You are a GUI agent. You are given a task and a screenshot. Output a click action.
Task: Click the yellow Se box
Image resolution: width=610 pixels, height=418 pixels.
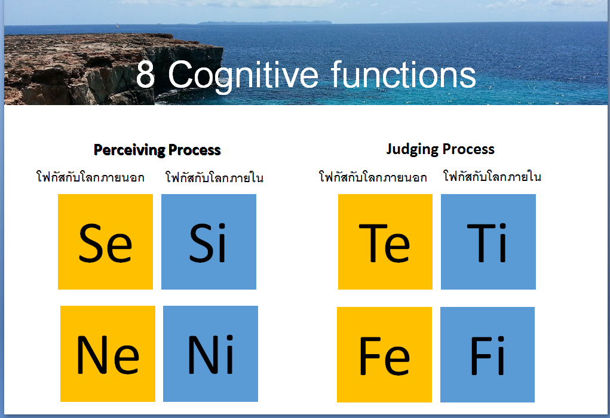(x=105, y=242)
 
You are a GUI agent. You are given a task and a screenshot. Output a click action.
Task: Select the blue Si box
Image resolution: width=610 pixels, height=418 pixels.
(x=209, y=242)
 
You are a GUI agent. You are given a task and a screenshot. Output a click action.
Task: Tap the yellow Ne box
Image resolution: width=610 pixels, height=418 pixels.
(x=108, y=354)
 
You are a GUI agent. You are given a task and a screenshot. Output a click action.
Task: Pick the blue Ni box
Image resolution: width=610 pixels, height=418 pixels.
(x=210, y=354)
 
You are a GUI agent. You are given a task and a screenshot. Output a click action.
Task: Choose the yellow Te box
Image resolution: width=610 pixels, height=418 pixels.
(x=385, y=242)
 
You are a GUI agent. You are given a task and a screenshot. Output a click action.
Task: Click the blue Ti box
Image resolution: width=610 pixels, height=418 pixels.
(x=488, y=242)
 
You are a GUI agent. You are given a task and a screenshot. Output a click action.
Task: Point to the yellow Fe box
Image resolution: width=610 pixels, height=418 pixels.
(x=384, y=355)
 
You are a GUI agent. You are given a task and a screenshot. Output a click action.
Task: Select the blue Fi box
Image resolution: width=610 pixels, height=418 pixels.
(x=488, y=355)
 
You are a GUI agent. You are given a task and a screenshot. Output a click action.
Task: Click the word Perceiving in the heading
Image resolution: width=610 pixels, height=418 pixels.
(x=130, y=150)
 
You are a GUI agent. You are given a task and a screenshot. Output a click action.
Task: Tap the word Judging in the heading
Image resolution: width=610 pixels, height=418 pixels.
(x=412, y=149)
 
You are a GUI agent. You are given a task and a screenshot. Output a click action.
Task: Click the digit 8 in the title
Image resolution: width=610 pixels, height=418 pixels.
(x=146, y=74)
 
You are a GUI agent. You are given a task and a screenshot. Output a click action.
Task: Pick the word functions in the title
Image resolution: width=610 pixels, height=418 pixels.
(x=404, y=74)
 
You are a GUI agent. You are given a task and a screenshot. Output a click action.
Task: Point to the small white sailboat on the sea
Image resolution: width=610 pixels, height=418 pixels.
(x=118, y=26)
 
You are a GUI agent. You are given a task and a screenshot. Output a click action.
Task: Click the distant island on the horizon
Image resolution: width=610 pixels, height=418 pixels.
(x=265, y=23)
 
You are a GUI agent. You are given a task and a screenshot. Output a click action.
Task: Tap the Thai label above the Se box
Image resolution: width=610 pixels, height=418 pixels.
(x=90, y=177)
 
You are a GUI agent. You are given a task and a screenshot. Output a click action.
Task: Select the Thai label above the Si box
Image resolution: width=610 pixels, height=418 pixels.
(x=214, y=177)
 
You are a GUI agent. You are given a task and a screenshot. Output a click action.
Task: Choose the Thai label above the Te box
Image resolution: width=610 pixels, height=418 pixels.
(x=373, y=177)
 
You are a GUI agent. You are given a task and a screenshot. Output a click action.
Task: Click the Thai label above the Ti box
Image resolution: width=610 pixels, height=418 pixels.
(x=492, y=176)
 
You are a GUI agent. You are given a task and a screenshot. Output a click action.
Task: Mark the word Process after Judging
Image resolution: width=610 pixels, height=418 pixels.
(x=468, y=149)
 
